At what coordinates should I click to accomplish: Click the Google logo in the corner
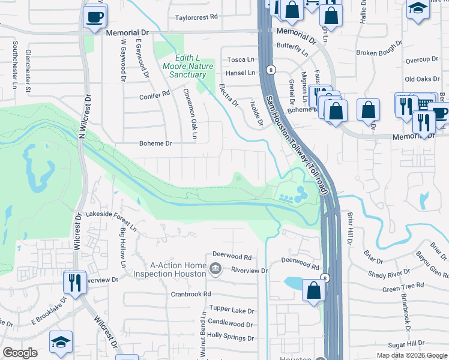[x=20, y=353]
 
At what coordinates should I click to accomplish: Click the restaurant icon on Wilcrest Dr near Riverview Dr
[x=75, y=281]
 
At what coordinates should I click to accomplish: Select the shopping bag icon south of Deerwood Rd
[x=313, y=291]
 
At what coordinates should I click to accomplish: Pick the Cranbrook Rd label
[x=191, y=294]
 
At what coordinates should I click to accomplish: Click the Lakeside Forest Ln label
[x=112, y=214]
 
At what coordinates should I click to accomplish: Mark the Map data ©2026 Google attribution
[x=412, y=355]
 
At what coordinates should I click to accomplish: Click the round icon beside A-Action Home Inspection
[x=215, y=268]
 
